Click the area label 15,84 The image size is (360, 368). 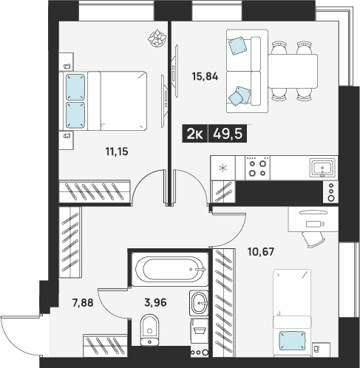(205, 77)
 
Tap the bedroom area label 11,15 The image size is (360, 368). (117, 151)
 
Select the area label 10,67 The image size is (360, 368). (261, 252)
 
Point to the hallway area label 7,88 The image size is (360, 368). (83, 303)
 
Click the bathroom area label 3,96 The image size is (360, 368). (155, 302)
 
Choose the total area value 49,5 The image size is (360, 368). (228, 134)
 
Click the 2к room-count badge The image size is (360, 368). (194, 134)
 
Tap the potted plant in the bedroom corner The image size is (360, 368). (157, 38)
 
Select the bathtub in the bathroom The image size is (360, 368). (170, 269)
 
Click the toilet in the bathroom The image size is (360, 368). (149, 330)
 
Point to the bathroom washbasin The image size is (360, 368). (199, 303)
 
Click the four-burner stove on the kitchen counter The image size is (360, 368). (257, 168)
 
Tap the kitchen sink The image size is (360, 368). (322, 168)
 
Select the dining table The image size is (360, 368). (293, 71)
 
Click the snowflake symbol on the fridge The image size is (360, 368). (223, 168)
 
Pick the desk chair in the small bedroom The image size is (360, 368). (313, 239)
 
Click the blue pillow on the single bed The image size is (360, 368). (292, 341)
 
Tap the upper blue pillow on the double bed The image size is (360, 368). (75, 87)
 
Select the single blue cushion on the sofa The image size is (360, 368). (237, 46)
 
